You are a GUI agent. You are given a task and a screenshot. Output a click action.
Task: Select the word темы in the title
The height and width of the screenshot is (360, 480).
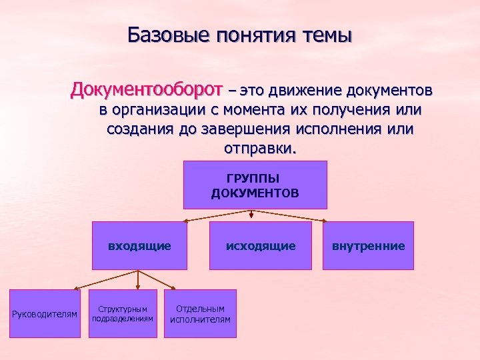coord(325,34)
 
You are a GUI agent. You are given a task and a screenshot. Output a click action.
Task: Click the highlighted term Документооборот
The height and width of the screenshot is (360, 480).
coord(147,89)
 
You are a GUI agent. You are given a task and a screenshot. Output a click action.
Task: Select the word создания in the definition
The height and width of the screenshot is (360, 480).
coord(139,129)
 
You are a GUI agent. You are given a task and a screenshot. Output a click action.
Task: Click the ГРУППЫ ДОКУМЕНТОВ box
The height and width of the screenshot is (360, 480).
coord(255,185)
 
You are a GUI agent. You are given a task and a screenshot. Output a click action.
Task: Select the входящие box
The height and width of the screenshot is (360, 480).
coord(139,245)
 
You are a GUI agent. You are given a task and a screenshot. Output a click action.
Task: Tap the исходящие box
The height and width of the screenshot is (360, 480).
coord(260,245)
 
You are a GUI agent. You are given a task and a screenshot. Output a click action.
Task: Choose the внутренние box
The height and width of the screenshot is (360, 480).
coord(368,245)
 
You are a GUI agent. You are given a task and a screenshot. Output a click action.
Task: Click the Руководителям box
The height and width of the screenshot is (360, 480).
coord(45,313)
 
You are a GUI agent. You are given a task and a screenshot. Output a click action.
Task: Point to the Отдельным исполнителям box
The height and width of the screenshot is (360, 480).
coord(200,313)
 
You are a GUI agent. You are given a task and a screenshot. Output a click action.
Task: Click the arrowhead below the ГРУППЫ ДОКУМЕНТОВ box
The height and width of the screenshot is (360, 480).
coord(251,215)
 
